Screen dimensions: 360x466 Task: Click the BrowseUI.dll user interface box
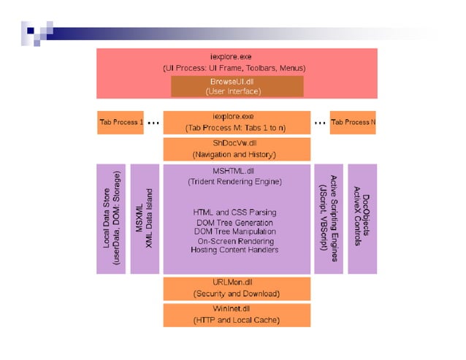coord(237,86)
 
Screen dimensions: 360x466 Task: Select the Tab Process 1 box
coord(121,122)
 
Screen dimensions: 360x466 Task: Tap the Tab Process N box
coord(353,122)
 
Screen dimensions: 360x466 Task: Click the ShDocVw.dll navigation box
coord(236,149)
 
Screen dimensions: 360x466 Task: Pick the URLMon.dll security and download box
coord(236,288)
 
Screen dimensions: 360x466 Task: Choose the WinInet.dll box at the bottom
coord(236,315)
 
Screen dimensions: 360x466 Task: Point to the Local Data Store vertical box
coord(112,219)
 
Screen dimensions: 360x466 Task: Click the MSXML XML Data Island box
coord(145,219)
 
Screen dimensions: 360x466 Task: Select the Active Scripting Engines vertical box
coord(328,219)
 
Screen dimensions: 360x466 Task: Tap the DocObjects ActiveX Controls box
coord(362,219)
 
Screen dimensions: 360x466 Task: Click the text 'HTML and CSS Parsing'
coord(234,212)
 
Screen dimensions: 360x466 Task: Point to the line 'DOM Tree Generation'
coord(234,223)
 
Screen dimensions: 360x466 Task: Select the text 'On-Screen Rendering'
coord(234,241)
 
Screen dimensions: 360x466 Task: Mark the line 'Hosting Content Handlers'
coord(234,250)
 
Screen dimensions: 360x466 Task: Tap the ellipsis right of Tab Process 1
coord(153,123)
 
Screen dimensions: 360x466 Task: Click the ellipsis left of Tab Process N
coord(320,123)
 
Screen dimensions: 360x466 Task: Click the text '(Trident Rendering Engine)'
coord(234,181)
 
